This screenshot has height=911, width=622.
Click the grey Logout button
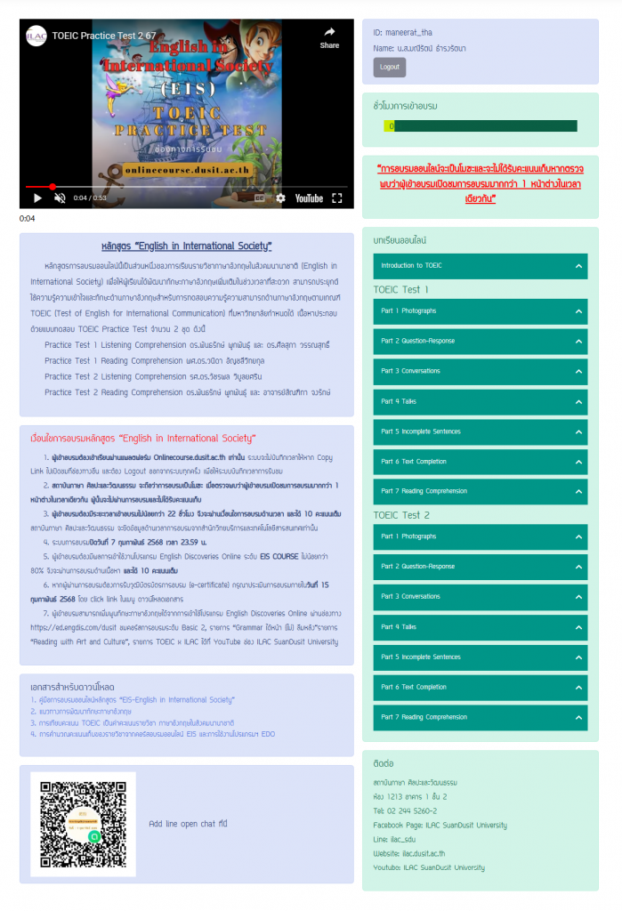pyautogui.click(x=389, y=67)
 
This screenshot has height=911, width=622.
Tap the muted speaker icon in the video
pyautogui.click(x=60, y=198)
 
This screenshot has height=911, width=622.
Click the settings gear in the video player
pyautogui.click(x=280, y=198)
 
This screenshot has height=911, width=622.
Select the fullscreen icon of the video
pyautogui.click(x=337, y=198)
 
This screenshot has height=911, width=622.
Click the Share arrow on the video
pyautogui.click(x=329, y=36)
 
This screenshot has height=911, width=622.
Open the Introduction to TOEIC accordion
pyautogui.click(x=481, y=266)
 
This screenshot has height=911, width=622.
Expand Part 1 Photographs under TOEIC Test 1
pyautogui.click(x=481, y=310)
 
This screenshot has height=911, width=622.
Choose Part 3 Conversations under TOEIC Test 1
pyautogui.click(x=481, y=371)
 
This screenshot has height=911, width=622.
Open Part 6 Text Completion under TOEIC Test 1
pyautogui.click(x=481, y=462)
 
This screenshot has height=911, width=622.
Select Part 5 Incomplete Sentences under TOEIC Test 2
pyautogui.click(x=481, y=657)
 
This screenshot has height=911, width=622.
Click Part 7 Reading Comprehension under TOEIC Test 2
pyautogui.click(x=481, y=717)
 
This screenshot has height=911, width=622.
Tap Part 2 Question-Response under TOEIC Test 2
pyautogui.click(x=481, y=567)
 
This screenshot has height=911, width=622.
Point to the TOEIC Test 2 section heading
pyautogui.click(x=401, y=515)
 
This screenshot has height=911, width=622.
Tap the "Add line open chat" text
pyautogui.click(x=188, y=824)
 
